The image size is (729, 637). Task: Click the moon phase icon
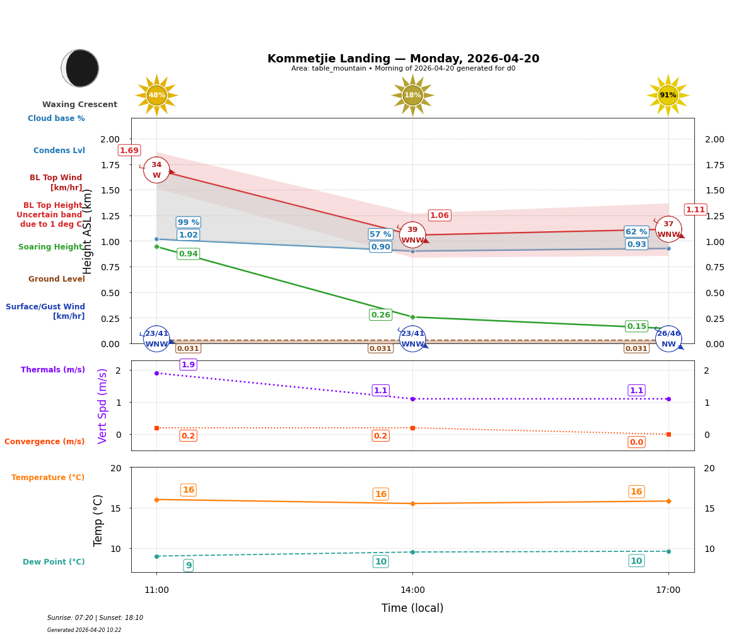click(80, 68)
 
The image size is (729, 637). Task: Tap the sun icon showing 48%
click(156, 95)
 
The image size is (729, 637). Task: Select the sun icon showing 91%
click(668, 95)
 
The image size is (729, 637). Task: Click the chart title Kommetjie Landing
click(403, 59)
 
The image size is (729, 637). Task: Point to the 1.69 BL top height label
click(129, 151)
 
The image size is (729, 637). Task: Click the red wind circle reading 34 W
click(156, 170)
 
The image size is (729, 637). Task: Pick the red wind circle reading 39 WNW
click(412, 235)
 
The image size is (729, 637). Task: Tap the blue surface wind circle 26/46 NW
click(668, 339)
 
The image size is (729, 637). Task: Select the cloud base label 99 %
click(189, 222)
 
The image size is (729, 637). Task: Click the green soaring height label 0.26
click(380, 315)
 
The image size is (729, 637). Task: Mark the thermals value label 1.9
click(188, 365)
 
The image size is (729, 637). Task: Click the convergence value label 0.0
click(636, 442)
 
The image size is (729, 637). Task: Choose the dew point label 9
click(189, 566)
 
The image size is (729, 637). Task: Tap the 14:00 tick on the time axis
click(412, 590)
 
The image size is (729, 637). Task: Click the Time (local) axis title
click(412, 608)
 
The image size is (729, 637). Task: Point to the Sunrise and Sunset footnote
click(95, 618)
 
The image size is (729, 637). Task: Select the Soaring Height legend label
click(50, 247)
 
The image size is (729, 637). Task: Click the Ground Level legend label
click(57, 279)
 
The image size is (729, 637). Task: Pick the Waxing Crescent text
click(80, 105)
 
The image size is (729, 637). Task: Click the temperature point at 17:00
click(668, 501)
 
